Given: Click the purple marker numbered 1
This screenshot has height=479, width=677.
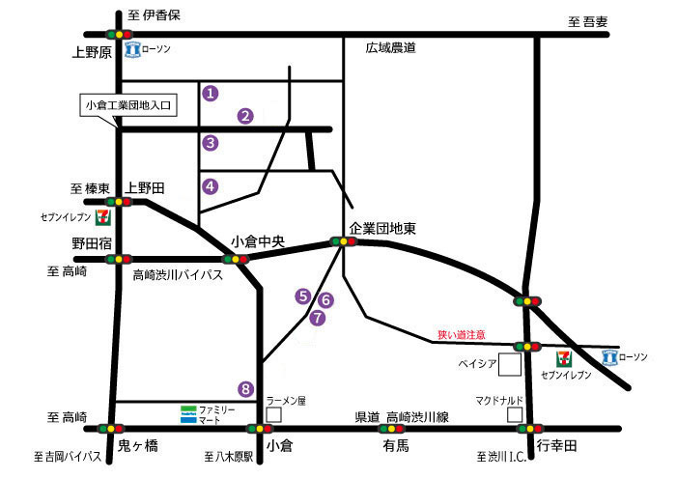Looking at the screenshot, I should click(211, 94).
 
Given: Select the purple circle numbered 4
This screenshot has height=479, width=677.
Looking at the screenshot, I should click(211, 186).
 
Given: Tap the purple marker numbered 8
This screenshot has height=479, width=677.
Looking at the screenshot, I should click(246, 388).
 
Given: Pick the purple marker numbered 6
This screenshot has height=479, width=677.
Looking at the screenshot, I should click(325, 300).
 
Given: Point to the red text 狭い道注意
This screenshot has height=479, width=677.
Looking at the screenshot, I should click(462, 334).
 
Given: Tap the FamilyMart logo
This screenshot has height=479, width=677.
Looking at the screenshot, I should click(189, 414).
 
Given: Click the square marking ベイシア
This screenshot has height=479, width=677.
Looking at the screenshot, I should click(510, 364).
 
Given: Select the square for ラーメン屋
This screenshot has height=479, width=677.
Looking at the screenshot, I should click(274, 413).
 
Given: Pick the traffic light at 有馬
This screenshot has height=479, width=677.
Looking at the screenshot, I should click(392, 428).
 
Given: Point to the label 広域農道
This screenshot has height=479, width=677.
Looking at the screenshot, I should click(390, 46).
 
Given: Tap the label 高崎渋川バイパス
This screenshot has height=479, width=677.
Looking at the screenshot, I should click(178, 275).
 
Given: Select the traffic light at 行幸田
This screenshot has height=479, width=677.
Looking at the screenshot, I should click(527, 428).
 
